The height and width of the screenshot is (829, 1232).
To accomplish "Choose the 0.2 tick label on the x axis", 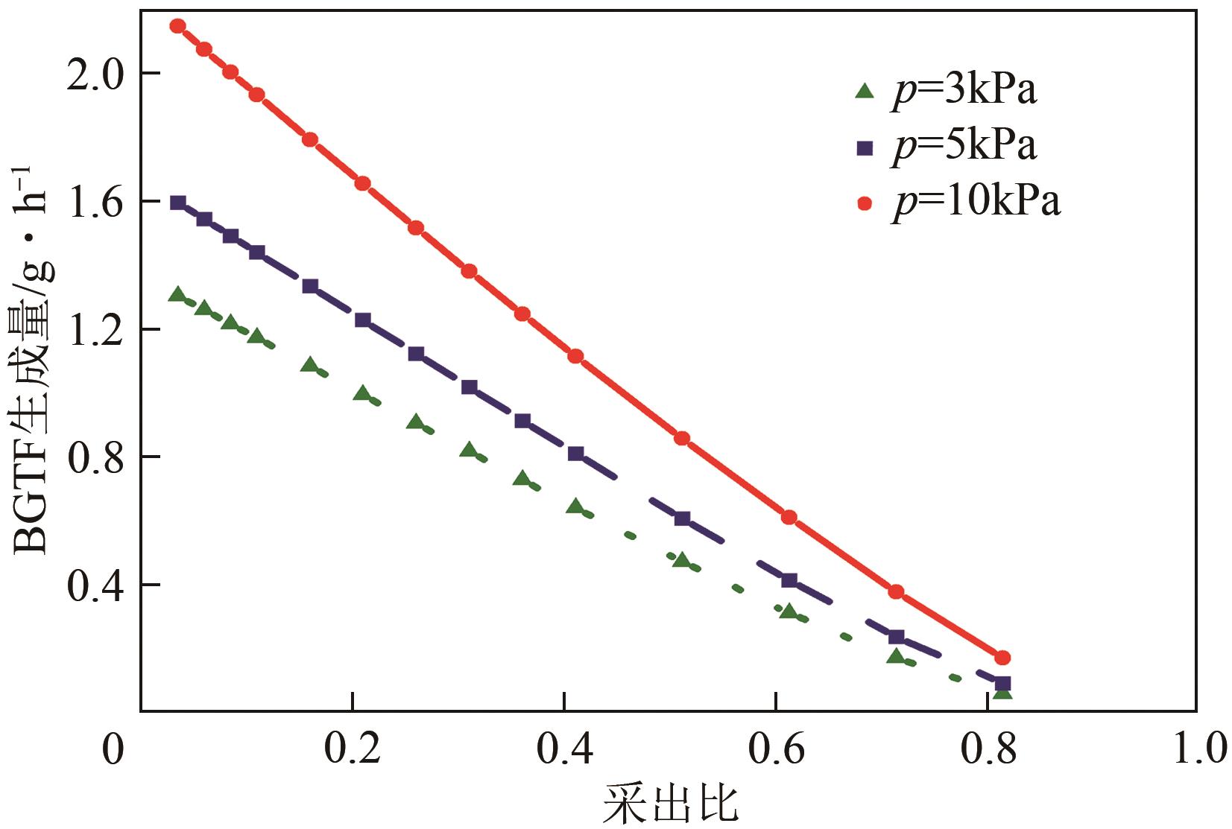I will [353, 749].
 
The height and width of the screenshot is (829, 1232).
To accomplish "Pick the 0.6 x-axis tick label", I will [777, 749].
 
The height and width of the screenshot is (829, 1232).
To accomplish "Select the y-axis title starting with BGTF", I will [34, 358].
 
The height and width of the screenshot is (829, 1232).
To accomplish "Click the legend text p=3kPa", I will [964, 91].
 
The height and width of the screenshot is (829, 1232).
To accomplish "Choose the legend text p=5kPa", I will [964, 146].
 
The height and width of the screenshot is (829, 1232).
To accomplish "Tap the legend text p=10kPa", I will [976, 201].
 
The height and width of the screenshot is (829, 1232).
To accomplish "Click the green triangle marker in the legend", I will [865, 92].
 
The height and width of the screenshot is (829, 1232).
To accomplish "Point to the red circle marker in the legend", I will [865, 203].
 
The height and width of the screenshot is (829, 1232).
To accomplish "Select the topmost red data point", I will [177, 26].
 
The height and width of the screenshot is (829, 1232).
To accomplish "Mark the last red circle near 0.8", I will [1002, 658].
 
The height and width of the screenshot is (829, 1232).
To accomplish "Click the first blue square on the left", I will [177, 203].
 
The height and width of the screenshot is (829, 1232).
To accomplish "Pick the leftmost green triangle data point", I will [177, 295].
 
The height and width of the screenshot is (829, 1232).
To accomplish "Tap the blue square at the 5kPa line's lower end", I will [1002, 683].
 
